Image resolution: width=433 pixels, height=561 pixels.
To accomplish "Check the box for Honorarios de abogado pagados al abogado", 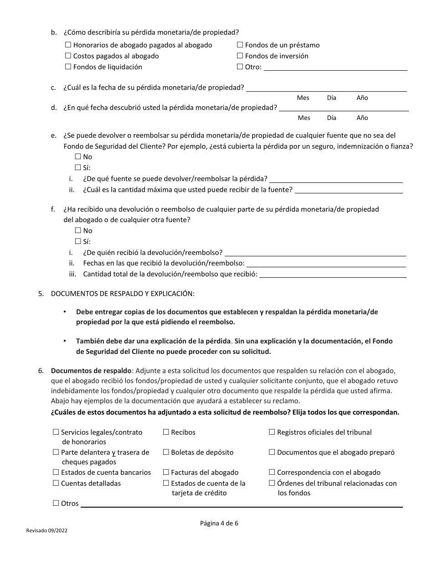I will (x=68, y=45).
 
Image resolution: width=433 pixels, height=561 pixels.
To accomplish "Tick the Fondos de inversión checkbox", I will (x=240, y=56).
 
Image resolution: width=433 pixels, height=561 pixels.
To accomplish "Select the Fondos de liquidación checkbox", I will (x=68, y=67).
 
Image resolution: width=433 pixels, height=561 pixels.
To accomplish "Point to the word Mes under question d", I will (x=304, y=118).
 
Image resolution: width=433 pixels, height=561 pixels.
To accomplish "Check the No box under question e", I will (x=78, y=157).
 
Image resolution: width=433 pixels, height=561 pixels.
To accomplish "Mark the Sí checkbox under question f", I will (x=78, y=242).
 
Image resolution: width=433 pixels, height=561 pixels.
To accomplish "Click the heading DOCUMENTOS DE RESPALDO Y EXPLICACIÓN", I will (x=123, y=294).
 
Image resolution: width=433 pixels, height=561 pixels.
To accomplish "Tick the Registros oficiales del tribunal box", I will (x=272, y=432).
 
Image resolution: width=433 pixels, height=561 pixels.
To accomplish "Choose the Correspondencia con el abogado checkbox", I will (x=272, y=473).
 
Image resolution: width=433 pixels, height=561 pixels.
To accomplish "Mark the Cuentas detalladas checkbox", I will (x=56, y=483).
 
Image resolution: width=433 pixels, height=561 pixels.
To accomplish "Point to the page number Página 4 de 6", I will (x=219, y=524).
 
